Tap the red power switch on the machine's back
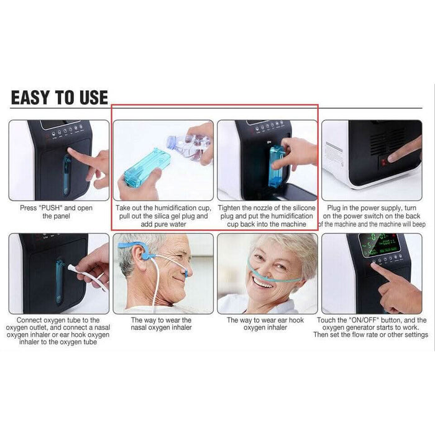click(x=383, y=163)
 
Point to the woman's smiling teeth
click(x=262, y=282)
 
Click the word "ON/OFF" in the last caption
click(x=364, y=320)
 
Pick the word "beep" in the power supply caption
click(x=419, y=224)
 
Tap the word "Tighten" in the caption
click(x=229, y=208)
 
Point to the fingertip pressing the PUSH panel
click(x=70, y=150)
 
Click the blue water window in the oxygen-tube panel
click(x=60, y=281)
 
